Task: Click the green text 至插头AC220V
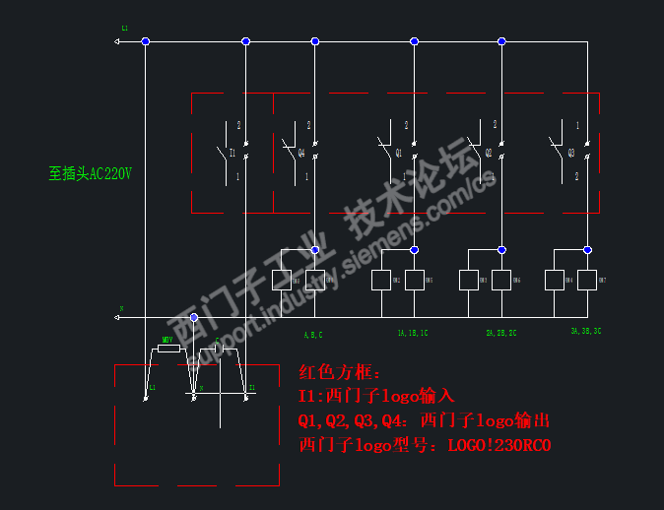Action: coord(90,173)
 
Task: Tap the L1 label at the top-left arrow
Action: coord(125,29)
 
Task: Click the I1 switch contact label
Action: coord(232,154)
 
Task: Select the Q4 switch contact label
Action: coord(301,154)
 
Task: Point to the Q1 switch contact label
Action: coord(399,154)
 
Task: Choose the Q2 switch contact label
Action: coord(488,154)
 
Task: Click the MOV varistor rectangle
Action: coord(168,348)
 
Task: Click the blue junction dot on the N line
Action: coord(193,317)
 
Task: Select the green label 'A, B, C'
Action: coord(313,335)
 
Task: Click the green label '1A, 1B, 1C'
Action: coord(413,334)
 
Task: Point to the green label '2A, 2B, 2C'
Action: coord(501,334)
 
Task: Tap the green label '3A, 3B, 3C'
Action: coord(585,332)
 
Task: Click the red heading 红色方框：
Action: coord(332,373)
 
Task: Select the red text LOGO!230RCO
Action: coord(499,445)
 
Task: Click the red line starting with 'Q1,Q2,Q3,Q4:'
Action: coord(424,421)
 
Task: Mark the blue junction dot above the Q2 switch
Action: coord(501,41)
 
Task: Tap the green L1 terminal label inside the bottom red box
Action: coord(152,389)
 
